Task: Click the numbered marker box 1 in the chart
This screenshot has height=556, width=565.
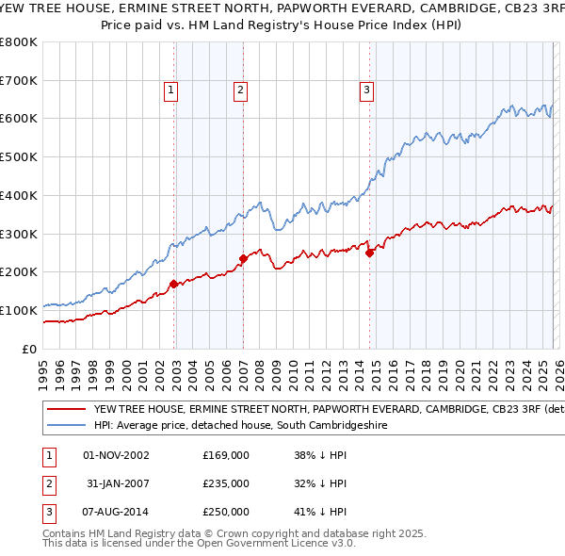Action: (171, 90)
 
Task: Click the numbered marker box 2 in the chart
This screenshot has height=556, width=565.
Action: (241, 90)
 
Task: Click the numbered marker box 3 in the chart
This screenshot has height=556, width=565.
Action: (366, 90)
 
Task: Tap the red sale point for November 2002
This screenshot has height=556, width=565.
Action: (174, 284)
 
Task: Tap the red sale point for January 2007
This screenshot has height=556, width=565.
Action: (243, 258)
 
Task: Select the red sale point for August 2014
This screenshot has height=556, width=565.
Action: (369, 253)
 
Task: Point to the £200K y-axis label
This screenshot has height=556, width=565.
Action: (19, 272)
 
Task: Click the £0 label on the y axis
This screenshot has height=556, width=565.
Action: (30, 349)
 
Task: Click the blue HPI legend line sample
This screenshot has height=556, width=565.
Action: (66, 426)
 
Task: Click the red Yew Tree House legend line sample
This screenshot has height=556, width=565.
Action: (66, 410)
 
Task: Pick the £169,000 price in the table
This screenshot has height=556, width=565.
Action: (226, 455)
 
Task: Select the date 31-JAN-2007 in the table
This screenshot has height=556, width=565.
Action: (117, 483)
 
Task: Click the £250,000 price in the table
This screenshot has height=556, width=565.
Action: (226, 512)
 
